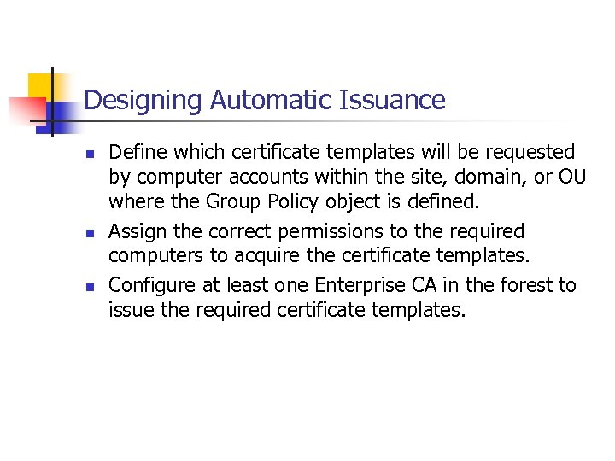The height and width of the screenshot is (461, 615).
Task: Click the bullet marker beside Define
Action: click(87, 155)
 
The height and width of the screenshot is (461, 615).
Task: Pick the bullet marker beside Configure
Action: click(87, 287)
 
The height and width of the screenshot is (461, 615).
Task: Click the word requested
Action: click(525, 153)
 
